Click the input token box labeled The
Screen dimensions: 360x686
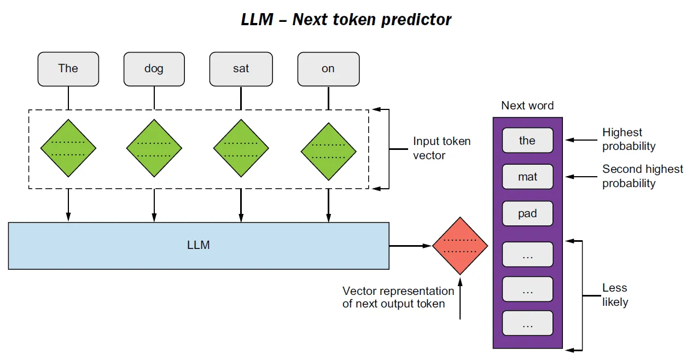68,69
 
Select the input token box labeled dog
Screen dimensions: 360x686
154,69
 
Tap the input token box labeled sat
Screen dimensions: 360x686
241,69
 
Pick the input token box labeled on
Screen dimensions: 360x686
328,69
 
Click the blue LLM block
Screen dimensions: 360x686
199,245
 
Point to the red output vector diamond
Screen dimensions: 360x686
460,245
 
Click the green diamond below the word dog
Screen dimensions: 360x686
154,148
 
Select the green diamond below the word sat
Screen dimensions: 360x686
241,148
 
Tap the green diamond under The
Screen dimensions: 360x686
68,148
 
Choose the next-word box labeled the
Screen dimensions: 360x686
527,141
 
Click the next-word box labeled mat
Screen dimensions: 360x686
527,177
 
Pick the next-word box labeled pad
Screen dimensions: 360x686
527,213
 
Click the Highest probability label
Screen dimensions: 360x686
629,140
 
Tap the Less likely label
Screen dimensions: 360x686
615,295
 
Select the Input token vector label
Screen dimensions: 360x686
441,148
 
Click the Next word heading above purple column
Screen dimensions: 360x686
527,106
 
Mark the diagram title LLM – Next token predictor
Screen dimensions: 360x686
346,20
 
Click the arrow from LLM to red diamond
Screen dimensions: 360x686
410,246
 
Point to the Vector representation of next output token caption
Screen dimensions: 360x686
398,297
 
